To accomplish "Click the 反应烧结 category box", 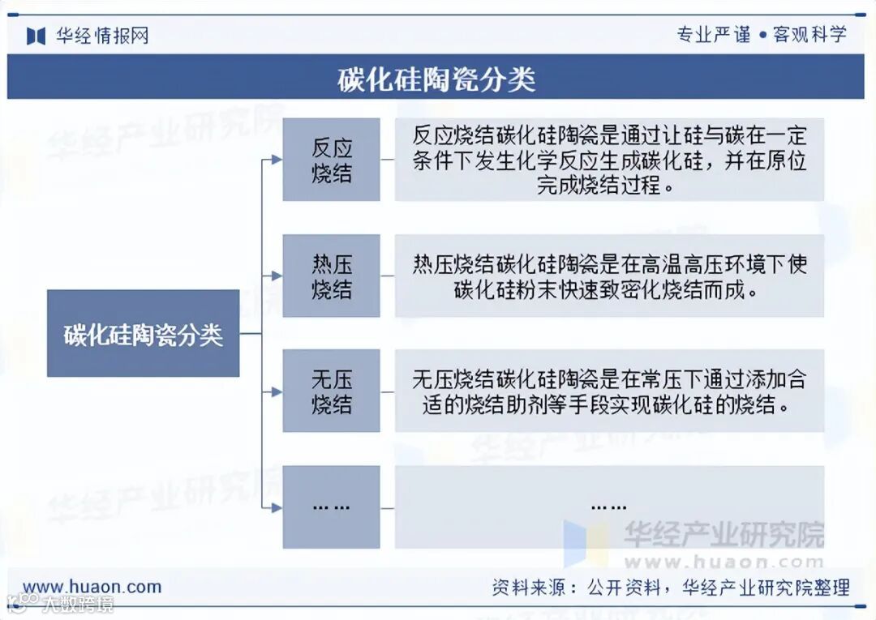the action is pos(331,160).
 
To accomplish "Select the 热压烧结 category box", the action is pos(331,276).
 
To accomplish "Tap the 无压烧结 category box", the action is pos(331,391).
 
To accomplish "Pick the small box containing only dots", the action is pos(331,507).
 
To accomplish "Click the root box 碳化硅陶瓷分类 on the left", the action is pos(143,333).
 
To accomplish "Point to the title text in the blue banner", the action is pos(436,79).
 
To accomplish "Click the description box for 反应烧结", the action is pos(609,160).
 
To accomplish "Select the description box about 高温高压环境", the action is pos(609,276).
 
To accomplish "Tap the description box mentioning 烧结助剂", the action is pos(609,391).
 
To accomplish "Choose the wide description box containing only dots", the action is pos(609,507).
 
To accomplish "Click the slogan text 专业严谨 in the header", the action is pos(713,34).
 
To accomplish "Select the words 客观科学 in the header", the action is pos(809,34).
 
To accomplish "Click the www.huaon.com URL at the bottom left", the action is pos(92,587).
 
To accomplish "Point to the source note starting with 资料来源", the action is pos(670,588).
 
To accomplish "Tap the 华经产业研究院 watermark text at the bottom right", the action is pos(723,534).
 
